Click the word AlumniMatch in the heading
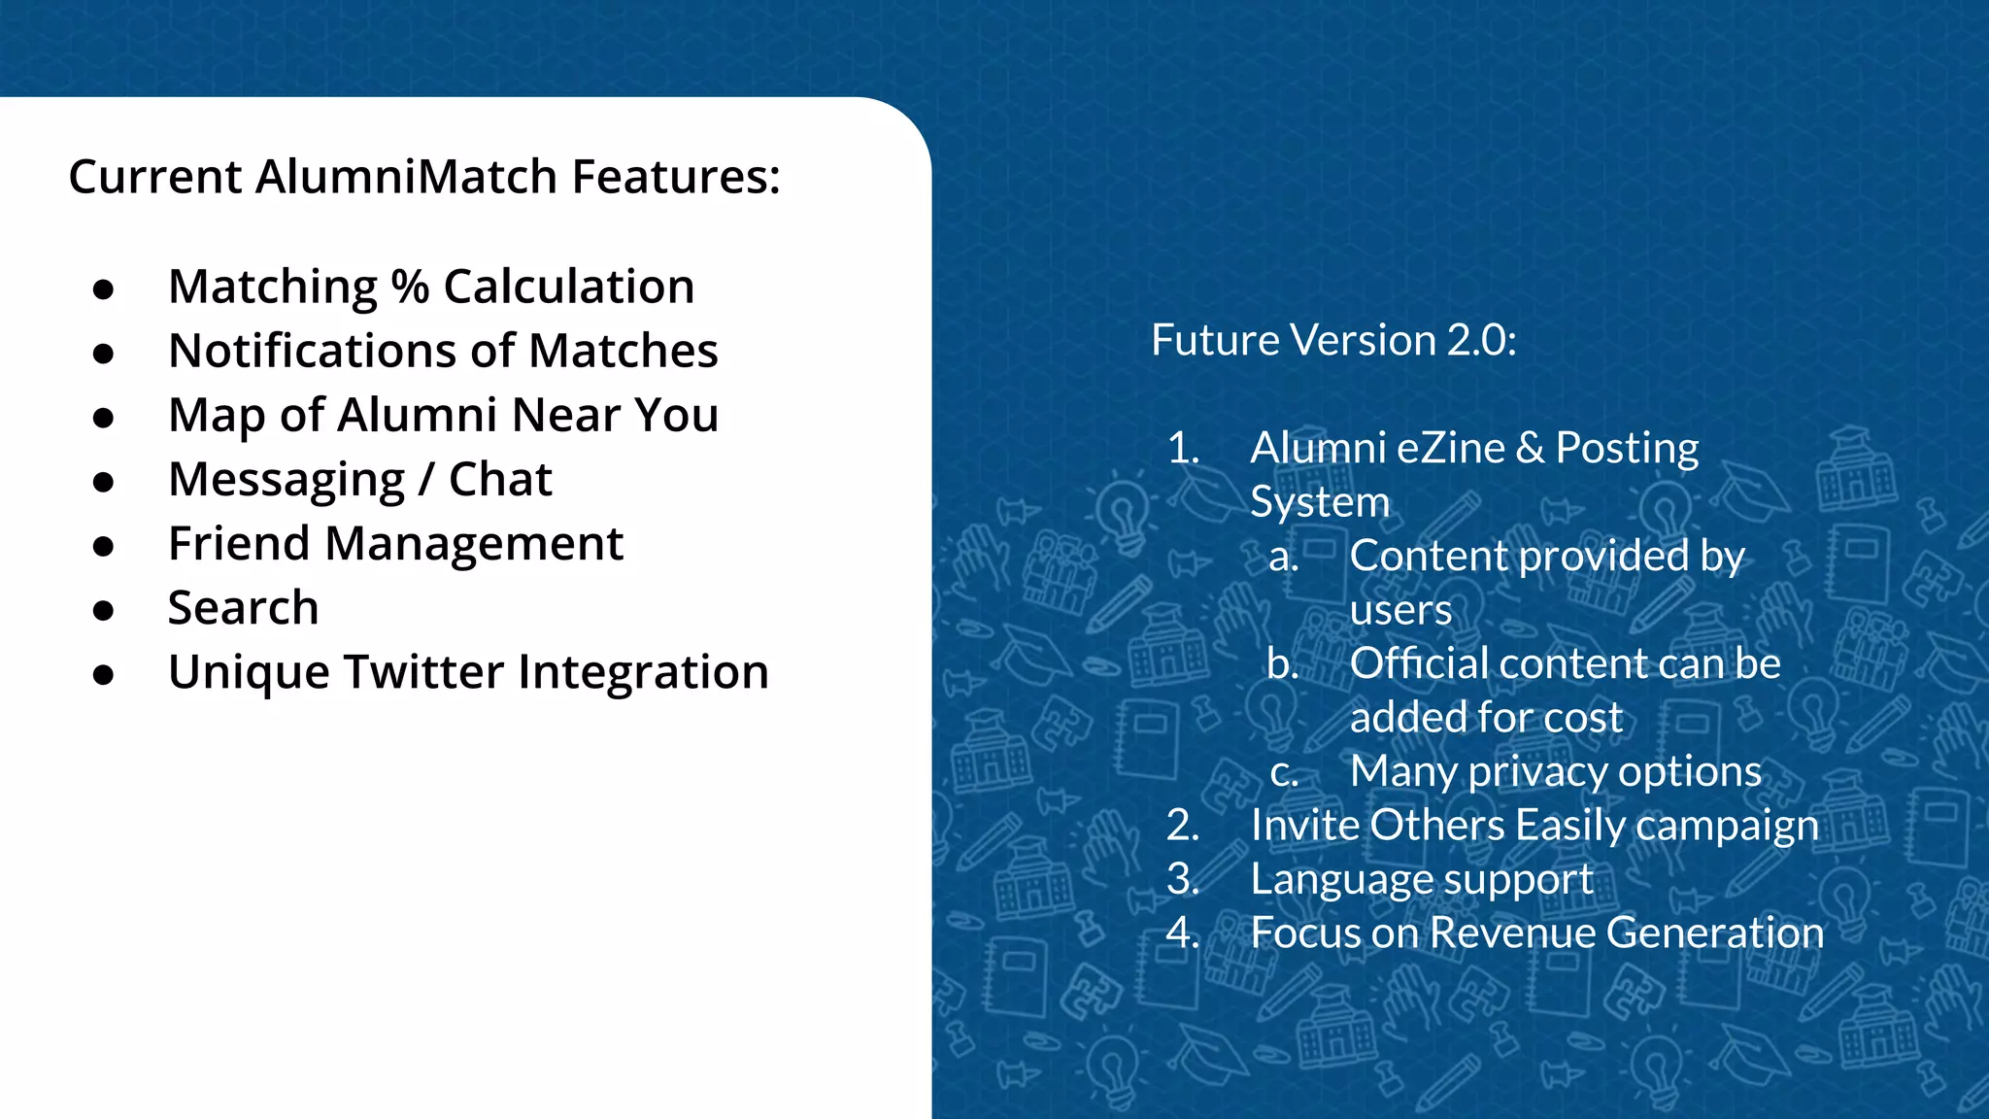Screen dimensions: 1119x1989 [x=407, y=177]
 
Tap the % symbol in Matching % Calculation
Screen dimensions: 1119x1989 [x=410, y=288]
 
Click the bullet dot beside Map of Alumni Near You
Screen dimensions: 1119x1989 [x=104, y=418]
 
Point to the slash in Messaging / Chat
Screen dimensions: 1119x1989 [x=426, y=480]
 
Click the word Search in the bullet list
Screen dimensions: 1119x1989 [x=243, y=608]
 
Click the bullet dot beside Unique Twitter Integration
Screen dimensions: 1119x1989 [x=104, y=674]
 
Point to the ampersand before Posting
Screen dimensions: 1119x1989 [x=1530, y=448]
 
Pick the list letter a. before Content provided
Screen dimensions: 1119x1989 [x=1283, y=557]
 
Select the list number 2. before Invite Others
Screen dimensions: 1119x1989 [x=1183, y=826]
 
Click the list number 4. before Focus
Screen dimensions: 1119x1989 [x=1183, y=933]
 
